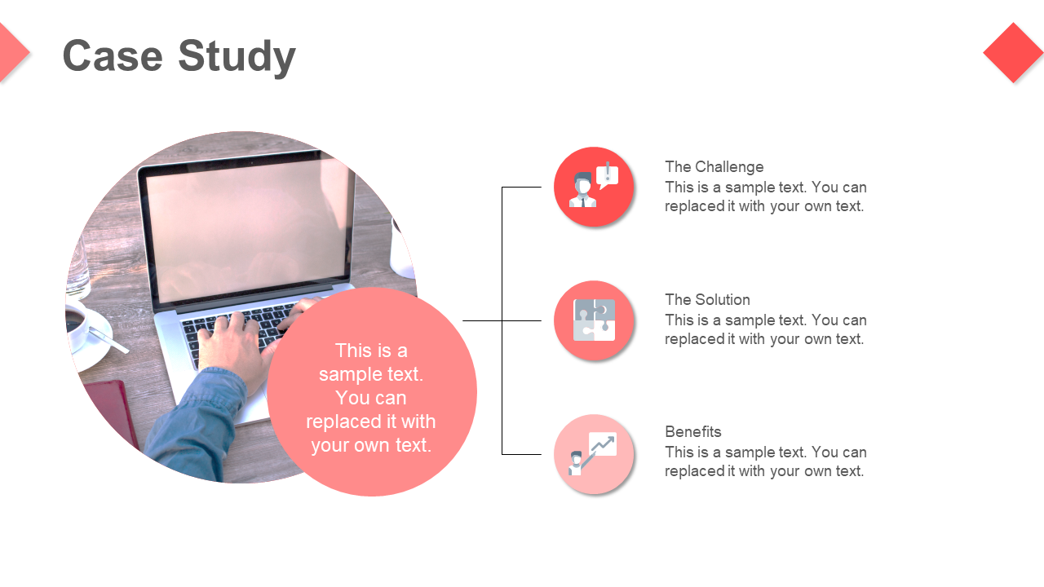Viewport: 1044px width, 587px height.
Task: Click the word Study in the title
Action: (x=237, y=56)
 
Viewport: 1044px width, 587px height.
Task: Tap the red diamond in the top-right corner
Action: (x=1013, y=53)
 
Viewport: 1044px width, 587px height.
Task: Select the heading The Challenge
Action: (x=714, y=167)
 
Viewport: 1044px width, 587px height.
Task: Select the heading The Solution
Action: (x=707, y=300)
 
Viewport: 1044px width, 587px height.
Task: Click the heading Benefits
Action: (x=692, y=432)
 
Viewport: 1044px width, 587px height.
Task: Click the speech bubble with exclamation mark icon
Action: (x=607, y=175)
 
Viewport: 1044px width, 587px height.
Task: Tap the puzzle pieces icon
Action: (x=594, y=320)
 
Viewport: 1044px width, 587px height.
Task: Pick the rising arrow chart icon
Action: (x=600, y=448)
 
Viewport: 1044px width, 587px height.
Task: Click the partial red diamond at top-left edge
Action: (x=11, y=53)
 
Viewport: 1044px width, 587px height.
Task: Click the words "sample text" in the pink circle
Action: (x=371, y=374)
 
